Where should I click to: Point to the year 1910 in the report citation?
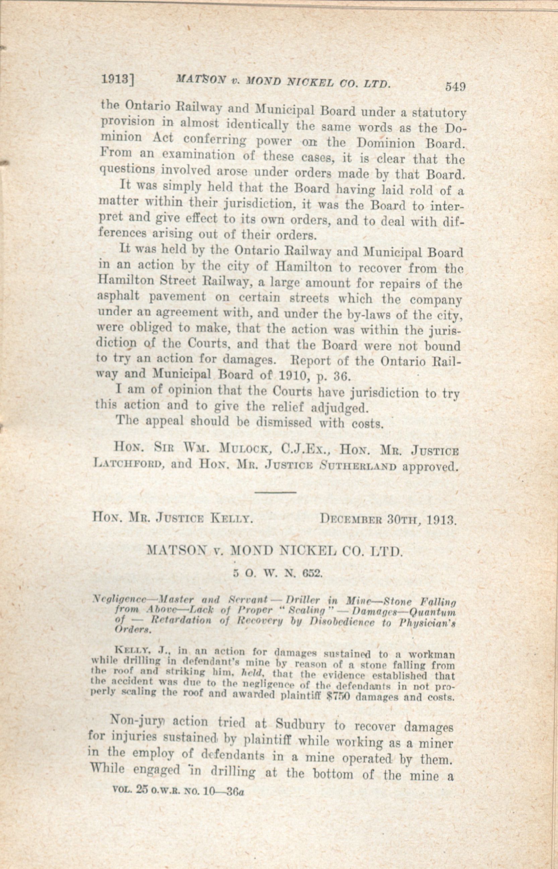click(303, 375)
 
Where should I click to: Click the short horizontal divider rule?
click(276, 492)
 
